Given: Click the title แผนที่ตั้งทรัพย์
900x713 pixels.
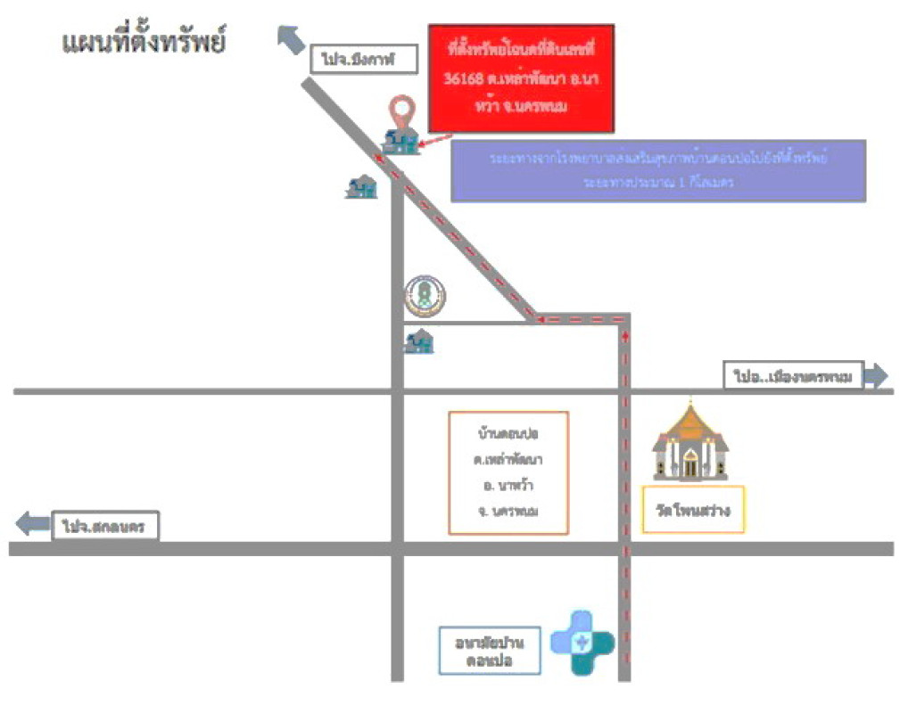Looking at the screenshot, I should tap(143, 42).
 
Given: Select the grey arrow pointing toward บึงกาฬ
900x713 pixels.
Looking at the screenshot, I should tap(292, 40).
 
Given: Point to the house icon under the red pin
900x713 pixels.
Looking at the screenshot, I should tap(400, 141).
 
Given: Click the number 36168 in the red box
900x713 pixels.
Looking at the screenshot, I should tap(464, 79).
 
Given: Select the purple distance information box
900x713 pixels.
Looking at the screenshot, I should tap(658, 169).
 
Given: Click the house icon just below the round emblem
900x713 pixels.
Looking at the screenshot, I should tap(418, 340).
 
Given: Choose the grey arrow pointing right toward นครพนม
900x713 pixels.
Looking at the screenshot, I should tap(878, 377).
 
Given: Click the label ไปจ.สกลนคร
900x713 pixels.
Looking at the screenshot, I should tap(104, 526).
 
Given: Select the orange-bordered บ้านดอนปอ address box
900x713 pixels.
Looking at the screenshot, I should tap(509, 472).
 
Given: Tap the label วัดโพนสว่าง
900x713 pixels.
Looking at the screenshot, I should tap(693, 511).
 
